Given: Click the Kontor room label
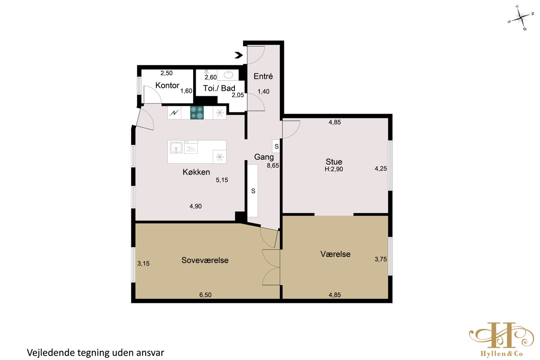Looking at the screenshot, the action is click(167, 85).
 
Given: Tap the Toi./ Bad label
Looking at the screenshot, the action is click(219, 88).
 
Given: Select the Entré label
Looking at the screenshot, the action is click(263, 76).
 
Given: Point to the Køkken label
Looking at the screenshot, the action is click(196, 172).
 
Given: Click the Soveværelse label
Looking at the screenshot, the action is click(205, 260).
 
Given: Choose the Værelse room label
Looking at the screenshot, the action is click(335, 254).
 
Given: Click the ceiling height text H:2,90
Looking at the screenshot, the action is click(333, 169).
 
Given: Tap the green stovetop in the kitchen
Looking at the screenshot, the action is click(197, 112).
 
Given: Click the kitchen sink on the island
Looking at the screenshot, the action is click(176, 148).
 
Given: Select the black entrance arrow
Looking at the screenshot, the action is click(239, 55).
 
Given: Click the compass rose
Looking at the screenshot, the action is click(521, 18).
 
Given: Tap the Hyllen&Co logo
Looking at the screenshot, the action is click(501, 339).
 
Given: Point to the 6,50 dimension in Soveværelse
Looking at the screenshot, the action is click(205, 295).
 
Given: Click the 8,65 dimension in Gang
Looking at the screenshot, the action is click(273, 166).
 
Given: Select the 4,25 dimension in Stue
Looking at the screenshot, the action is click(381, 169).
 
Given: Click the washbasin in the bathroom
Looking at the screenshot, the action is click(228, 75).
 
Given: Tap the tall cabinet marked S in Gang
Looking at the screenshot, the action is click(253, 191).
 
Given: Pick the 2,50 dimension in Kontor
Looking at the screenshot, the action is click(166, 73).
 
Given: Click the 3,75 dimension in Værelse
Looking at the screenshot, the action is click(381, 259).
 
